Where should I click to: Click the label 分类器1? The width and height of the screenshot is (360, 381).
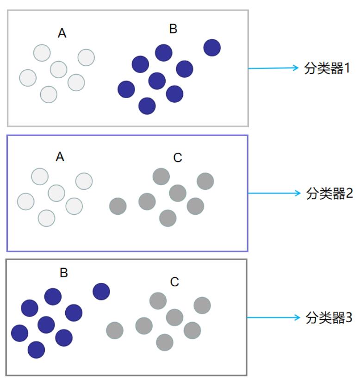point(327,68)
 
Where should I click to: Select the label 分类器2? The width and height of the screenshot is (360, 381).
point(329,194)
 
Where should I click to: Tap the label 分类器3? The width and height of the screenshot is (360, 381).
point(329,318)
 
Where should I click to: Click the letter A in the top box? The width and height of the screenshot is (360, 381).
point(62,33)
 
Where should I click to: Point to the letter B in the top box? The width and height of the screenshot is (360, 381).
point(173,29)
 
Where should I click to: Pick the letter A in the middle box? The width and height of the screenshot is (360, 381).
point(60,157)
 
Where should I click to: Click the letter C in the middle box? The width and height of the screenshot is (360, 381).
point(178,158)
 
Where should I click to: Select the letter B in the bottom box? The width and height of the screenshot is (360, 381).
point(64,273)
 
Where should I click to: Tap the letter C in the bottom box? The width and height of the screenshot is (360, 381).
point(174,282)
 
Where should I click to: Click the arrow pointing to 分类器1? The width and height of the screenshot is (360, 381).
point(273,68)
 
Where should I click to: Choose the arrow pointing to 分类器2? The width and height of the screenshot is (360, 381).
point(274,194)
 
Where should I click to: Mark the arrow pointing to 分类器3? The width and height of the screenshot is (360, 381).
point(273,317)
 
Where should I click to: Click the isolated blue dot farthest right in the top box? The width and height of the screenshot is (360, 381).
point(212,48)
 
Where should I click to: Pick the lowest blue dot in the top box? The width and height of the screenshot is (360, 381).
point(147,106)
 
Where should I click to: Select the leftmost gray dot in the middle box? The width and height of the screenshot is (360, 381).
point(118,206)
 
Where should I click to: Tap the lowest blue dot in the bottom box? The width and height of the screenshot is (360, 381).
point(36,350)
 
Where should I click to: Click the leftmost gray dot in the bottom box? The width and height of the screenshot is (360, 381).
point(115,331)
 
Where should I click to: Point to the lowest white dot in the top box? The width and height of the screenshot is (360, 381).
point(49,94)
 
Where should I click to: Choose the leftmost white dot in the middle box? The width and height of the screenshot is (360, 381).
point(26,202)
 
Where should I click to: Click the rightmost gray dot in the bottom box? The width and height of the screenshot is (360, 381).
point(202,306)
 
